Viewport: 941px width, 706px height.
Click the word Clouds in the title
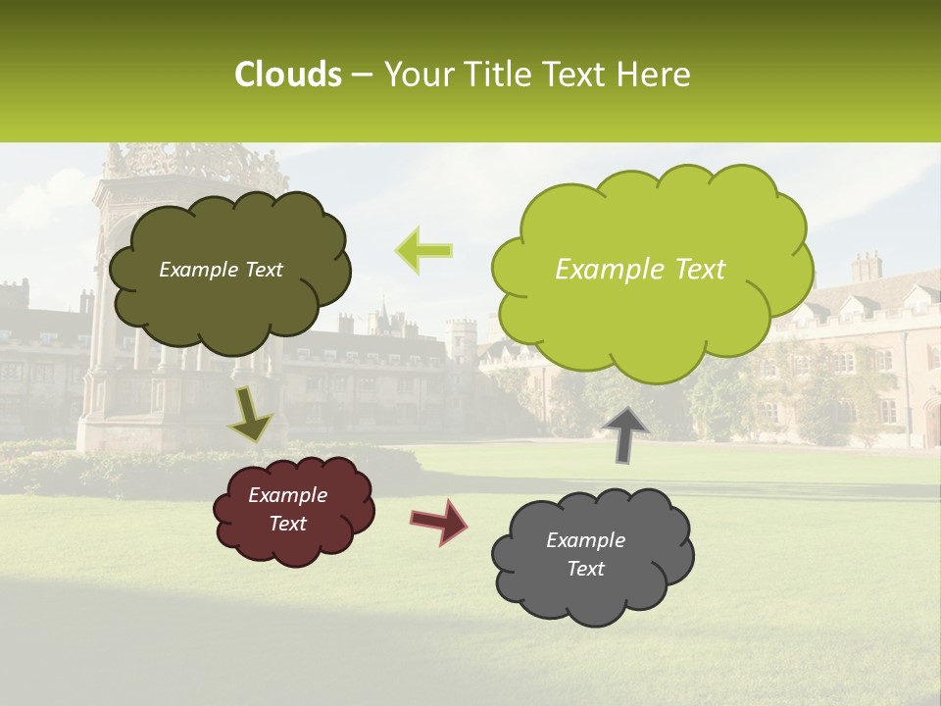288,75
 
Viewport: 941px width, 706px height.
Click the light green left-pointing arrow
424,251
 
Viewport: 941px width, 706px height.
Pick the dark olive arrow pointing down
250,414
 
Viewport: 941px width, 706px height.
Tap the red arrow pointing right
439,521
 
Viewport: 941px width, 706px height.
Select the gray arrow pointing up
625,434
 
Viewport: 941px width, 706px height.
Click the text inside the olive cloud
221,270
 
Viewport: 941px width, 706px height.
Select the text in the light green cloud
640,270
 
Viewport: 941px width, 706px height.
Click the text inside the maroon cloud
287,509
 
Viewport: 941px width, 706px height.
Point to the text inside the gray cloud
585,554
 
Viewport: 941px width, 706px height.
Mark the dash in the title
361,76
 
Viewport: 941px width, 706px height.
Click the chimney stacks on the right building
867,267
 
